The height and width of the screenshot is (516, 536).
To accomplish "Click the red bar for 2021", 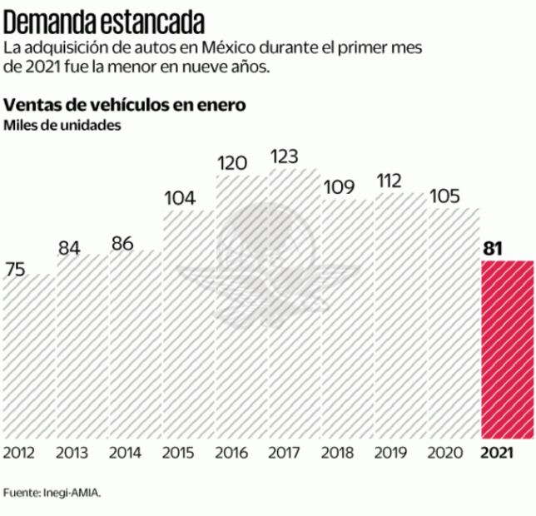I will (508, 350).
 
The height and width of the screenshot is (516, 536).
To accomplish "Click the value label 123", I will (285, 156).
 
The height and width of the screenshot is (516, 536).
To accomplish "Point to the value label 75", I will (16, 269).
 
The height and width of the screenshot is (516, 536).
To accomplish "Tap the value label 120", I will (232, 162).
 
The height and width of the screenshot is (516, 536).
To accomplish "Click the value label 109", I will (338, 186).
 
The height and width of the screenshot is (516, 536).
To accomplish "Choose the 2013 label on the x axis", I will (73, 454).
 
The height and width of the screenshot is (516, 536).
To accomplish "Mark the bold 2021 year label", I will (498, 454).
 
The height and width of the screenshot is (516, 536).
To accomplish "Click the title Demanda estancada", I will (106, 17).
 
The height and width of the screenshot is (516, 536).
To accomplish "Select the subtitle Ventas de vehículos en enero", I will (125, 106).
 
